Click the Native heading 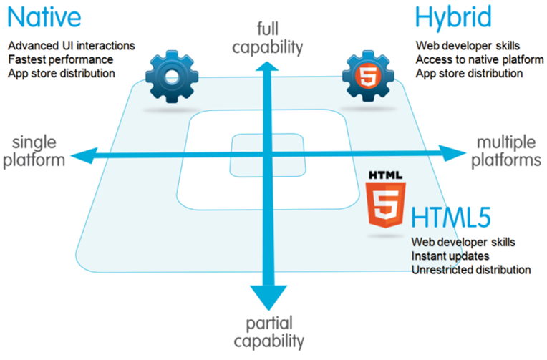[44, 17]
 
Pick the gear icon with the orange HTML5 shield [366, 77]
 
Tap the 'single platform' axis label [34, 150]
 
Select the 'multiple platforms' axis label [508, 150]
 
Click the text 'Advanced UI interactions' [71, 46]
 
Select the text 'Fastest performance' [61, 59]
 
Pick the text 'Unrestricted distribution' [471, 269]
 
